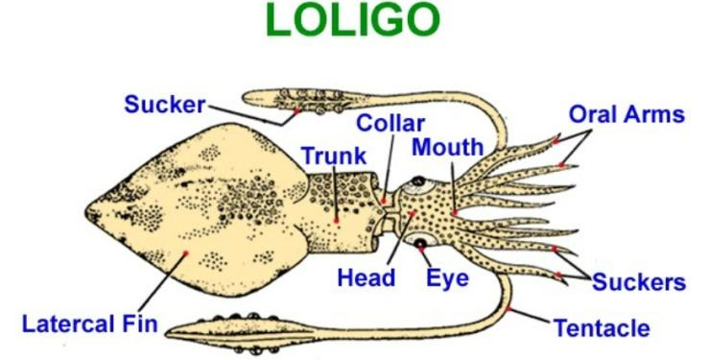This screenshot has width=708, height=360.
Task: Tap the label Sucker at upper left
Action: point(165,104)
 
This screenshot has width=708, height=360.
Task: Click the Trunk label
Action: point(333,156)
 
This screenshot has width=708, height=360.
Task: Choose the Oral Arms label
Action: point(626,114)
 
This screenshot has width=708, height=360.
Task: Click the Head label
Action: point(366,278)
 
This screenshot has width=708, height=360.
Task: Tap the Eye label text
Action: point(448,279)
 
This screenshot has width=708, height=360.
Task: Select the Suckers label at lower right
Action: point(639,282)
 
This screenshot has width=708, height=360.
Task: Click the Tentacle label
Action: point(602,328)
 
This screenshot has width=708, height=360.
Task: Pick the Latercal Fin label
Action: point(91,322)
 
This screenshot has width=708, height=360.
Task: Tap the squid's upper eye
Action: point(418,180)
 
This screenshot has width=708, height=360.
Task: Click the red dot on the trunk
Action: point(337,220)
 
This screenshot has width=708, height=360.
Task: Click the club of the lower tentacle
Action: point(249,327)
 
